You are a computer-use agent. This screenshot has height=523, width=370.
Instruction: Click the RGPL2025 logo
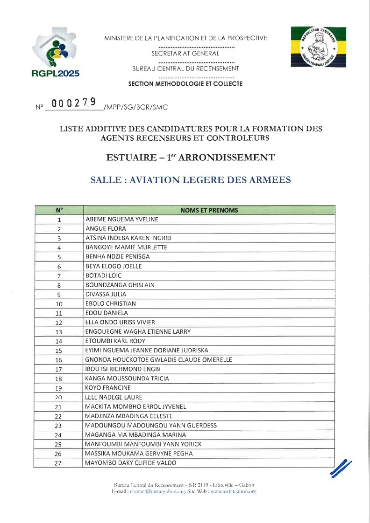[56, 52]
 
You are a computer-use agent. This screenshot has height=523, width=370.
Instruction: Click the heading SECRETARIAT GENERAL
[185, 54]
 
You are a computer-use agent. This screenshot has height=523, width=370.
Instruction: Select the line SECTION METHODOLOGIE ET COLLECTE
[185, 84]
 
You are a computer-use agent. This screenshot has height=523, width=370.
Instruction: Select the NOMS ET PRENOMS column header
[209, 210]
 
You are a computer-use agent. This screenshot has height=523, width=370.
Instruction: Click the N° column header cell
[59, 210]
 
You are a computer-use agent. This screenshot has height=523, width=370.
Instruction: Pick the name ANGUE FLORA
[102, 229]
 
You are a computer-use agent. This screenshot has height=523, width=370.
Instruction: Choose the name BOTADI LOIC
[103, 275]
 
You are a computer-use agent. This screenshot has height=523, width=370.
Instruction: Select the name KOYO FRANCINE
[108, 388]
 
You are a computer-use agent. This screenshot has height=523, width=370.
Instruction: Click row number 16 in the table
[59, 360]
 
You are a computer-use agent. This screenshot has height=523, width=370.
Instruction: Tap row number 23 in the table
[58, 426]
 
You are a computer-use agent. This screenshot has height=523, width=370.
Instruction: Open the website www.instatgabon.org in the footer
[232, 491]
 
